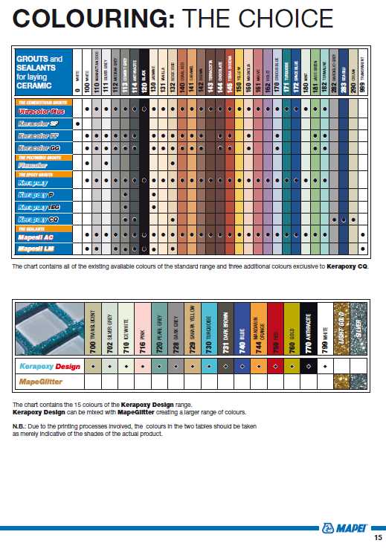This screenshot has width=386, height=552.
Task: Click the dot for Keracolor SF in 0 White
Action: pyautogui.click(x=77, y=123)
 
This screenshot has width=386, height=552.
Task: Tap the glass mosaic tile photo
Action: pyautogui.click(x=49, y=327)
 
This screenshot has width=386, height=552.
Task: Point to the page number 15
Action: pyautogui.click(x=378, y=537)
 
